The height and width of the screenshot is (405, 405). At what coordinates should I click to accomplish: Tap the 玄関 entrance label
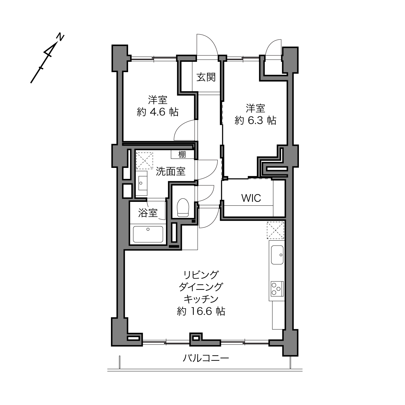pyautogui.click(x=206, y=77)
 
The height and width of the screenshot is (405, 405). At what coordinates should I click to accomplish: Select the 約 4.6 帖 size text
pyautogui.click(x=158, y=112)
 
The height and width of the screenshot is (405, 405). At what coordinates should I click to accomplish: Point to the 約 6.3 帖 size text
pyautogui.click(x=255, y=120)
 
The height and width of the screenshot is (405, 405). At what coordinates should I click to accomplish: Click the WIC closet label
pyautogui.click(x=251, y=198)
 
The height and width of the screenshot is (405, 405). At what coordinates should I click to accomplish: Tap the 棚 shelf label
pyautogui.click(x=182, y=155)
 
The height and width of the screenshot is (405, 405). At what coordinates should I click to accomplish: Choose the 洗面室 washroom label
pyautogui.click(x=170, y=171)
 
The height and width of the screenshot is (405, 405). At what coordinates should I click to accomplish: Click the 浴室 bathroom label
pyautogui.click(x=148, y=213)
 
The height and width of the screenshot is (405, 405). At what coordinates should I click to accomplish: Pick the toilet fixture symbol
pyautogui.click(x=183, y=207)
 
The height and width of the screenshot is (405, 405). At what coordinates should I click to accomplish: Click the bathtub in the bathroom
pyautogui.click(x=148, y=234)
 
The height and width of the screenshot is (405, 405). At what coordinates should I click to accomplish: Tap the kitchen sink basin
pyautogui.click(x=277, y=255)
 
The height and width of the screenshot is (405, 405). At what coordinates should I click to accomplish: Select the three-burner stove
pyautogui.click(x=277, y=289)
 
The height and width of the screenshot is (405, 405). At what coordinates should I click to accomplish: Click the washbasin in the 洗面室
pyautogui.click(x=141, y=182)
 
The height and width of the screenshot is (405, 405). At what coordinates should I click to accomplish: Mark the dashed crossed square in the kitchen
pyautogui.click(x=275, y=230)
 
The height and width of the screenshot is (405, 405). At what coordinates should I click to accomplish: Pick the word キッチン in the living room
pyautogui.click(x=201, y=299)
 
